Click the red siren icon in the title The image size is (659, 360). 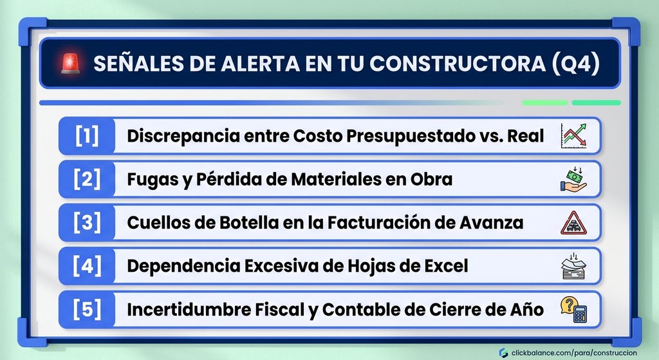[x=70, y=64]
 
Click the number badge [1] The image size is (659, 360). [x=87, y=136]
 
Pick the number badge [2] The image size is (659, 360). [x=87, y=179]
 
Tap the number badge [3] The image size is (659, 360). [x=87, y=222]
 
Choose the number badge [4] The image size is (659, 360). [x=87, y=266]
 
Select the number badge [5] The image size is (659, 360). [x=87, y=310]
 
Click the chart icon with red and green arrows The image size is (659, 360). [x=573, y=135]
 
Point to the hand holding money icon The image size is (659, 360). [x=573, y=179]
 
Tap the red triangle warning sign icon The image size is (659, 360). [x=573, y=223]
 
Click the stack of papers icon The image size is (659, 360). [x=573, y=266]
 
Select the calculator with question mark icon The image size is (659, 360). [x=573, y=310]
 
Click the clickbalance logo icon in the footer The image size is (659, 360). [x=503, y=353]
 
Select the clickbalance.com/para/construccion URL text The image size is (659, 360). [x=574, y=353]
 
